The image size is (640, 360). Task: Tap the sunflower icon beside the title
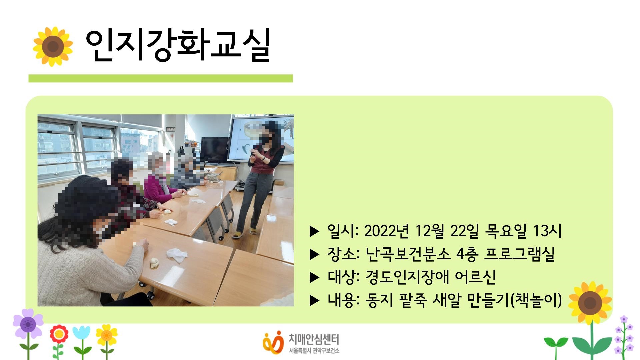click(53, 46)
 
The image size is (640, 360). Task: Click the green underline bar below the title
click(161, 78)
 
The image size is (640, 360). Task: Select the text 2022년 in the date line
click(387, 231)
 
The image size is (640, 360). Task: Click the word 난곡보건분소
click(408, 254)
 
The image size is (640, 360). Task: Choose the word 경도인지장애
click(407, 277)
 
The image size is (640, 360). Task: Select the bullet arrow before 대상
click(314, 277)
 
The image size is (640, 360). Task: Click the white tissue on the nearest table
click(177, 255)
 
